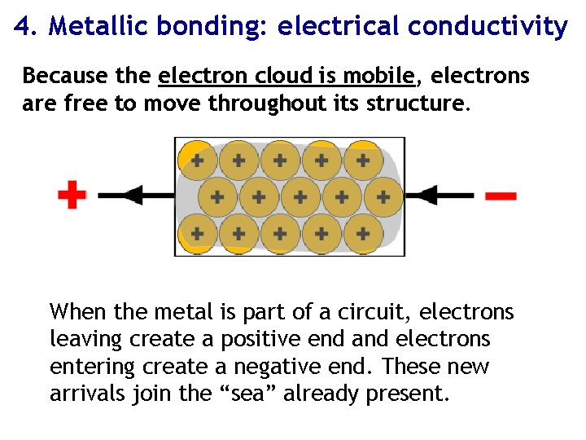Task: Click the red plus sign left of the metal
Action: (x=72, y=196)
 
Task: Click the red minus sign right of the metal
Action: (x=500, y=196)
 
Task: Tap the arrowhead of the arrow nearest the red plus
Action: (x=133, y=196)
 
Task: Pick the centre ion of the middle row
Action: (x=300, y=196)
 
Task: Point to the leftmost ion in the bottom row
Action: (x=197, y=234)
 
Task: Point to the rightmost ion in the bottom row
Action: (x=363, y=234)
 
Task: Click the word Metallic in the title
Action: (x=99, y=27)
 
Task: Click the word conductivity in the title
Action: (x=487, y=27)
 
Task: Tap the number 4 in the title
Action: (x=23, y=27)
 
